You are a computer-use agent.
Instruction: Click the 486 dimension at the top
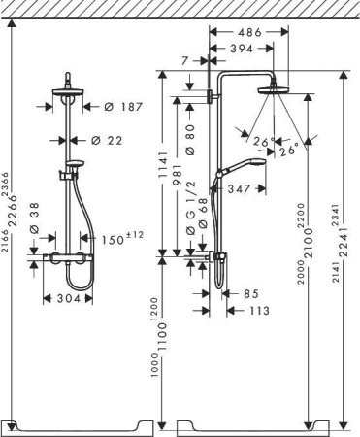(x=249, y=32)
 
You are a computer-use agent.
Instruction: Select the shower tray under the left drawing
(x=80, y=424)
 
